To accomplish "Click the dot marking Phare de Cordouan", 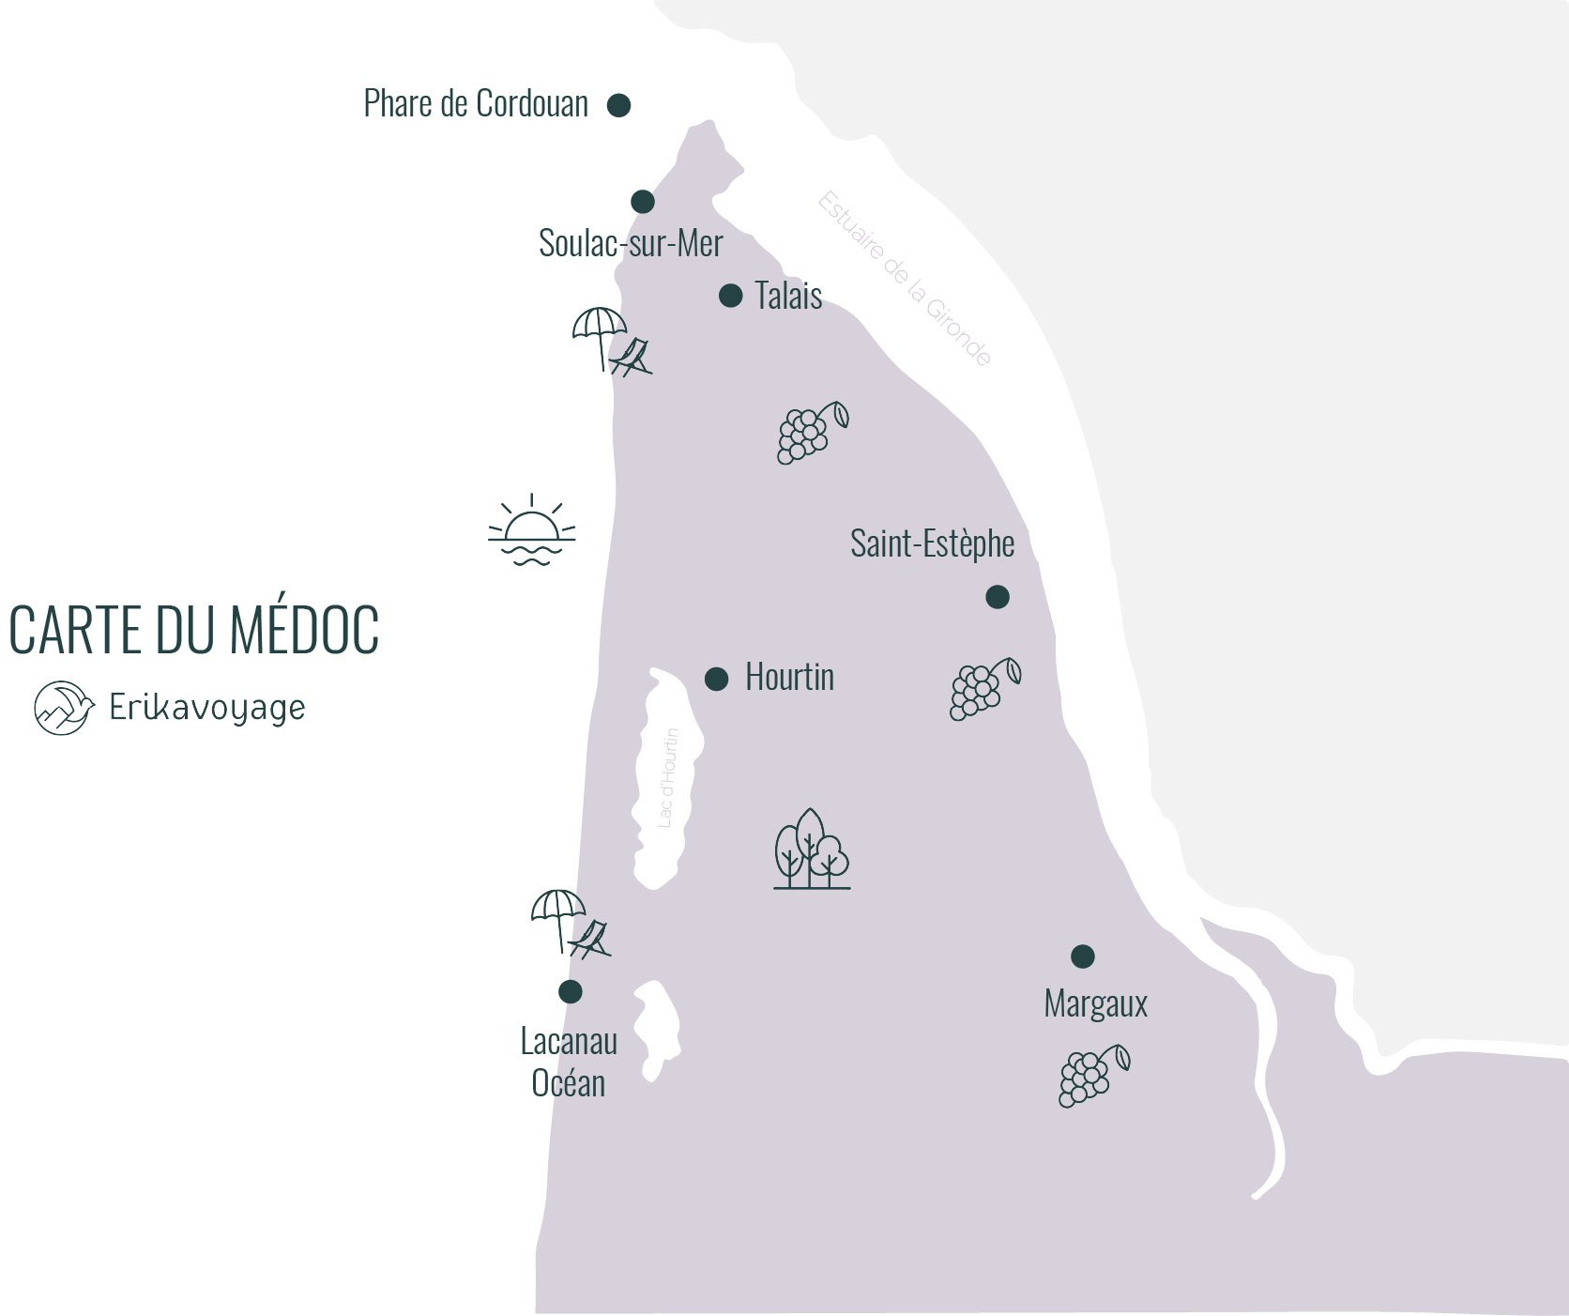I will (618, 105).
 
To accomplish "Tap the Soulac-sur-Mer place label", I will (631, 243).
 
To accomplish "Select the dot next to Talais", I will (731, 296).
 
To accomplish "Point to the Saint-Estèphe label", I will (932, 543).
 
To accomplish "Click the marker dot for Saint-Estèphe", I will (998, 597).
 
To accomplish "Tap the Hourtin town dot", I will (717, 679).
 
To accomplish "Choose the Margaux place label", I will (1095, 1004).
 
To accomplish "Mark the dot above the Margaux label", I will (1083, 956).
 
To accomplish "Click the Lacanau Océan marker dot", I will (571, 991).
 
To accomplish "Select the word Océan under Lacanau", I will (568, 1083).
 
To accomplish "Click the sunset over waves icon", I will (532, 531).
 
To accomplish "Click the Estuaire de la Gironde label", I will (905, 279).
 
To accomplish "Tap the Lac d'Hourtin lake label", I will (667, 777).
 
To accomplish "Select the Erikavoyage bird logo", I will (64, 708).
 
